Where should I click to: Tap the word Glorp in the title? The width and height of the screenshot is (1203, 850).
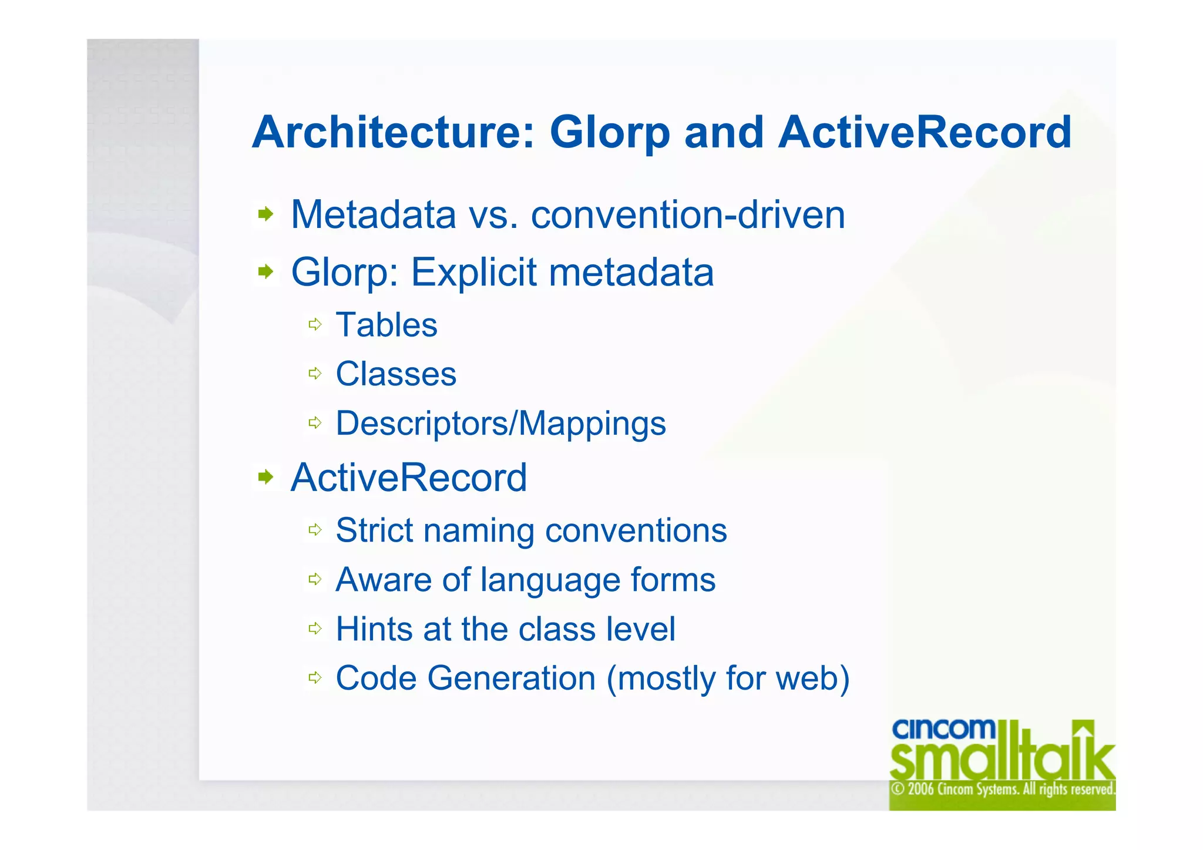coord(610,133)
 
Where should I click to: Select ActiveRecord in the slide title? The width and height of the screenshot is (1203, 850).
coord(925,132)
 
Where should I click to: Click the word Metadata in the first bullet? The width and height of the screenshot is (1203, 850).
coord(373,214)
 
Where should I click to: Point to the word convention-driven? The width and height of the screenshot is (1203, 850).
coord(688,214)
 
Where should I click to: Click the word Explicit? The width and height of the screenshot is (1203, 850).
coord(473,272)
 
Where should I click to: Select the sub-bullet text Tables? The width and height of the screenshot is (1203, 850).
coord(387,325)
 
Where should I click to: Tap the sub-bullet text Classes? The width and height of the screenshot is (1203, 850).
coord(396,374)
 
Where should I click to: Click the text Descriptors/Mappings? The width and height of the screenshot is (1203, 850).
coord(500,424)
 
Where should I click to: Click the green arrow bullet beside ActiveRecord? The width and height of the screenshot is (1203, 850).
coord(266,476)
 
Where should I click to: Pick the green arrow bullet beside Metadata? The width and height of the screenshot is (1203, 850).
coord(266,214)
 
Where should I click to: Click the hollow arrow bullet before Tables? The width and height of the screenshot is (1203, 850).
coord(315,324)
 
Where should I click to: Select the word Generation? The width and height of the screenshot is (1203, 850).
coord(511,678)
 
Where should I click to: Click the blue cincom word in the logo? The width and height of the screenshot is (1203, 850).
coord(943,729)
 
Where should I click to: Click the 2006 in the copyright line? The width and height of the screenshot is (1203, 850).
coord(921,789)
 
